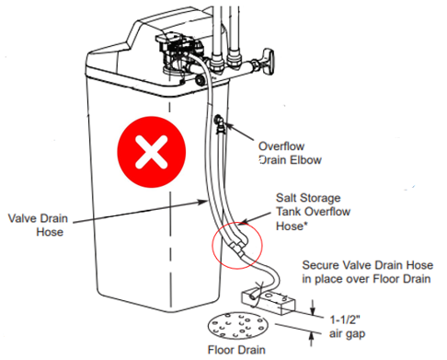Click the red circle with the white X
pos(152,152)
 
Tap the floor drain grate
pos(238,326)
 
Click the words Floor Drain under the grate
pos(236,350)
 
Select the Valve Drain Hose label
pos(38,225)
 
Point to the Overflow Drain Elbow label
pos(290,153)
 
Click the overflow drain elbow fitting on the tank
pos(220,122)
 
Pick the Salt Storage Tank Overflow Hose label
pos(313,212)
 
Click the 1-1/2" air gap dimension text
pos(347,327)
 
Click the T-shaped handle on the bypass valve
pos(269,61)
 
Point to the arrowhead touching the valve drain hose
pos(203,202)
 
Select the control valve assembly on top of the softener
pos(179,53)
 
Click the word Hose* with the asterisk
pos(292,226)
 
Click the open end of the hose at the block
pos(253,296)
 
